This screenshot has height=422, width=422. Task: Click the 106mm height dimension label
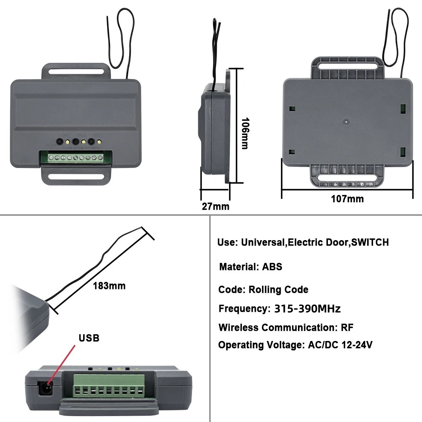coord(244,133)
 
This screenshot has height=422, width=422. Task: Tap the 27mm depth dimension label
coord(216,206)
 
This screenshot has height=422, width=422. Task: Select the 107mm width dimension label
coord(347,199)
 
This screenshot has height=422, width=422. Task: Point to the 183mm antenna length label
coord(109,286)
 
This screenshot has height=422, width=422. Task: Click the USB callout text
coord(89,338)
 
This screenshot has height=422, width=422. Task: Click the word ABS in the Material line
coord(272,267)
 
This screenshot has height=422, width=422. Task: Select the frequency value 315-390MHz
coord(307,308)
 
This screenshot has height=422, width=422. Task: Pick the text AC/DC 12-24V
coord(340,345)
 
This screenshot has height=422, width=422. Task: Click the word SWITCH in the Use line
coord(370,242)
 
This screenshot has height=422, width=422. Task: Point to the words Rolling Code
coord(278,289)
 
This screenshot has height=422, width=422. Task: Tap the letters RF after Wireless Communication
coord(347,327)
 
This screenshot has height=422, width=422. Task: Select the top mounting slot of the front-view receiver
coord(76,71)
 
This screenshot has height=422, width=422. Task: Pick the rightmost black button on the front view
coord(92,141)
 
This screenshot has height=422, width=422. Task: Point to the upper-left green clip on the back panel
coord(292,109)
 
